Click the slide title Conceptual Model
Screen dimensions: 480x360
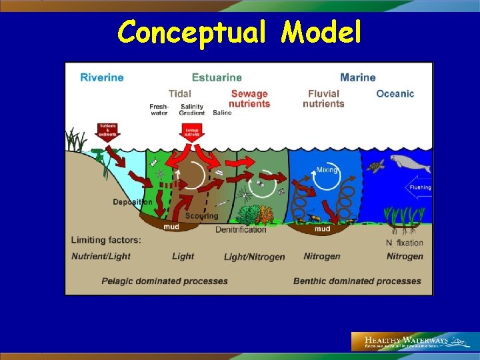coord(239,31)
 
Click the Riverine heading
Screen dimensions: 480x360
coord(102,77)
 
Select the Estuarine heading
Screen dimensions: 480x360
coord(217,77)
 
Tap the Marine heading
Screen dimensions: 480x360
coord(358,77)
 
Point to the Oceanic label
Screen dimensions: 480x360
coord(395,94)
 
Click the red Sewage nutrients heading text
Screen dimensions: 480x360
coord(249,99)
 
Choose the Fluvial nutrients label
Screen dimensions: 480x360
coord(323,99)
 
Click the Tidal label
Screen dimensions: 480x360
coord(180,94)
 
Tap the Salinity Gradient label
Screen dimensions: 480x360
coord(192,110)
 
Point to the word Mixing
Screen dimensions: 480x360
coord(327,169)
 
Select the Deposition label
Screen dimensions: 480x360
coord(133,202)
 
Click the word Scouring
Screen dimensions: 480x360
coord(201,216)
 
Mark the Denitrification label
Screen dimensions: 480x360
coord(241,229)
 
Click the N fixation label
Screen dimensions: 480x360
coord(405,243)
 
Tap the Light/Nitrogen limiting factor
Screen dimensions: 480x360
coord(254,257)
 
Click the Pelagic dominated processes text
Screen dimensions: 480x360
coord(165,281)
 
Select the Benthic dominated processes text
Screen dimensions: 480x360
coord(357,281)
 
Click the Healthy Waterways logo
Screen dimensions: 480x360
coord(413,341)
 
